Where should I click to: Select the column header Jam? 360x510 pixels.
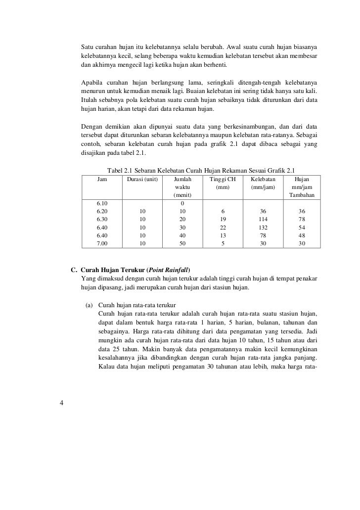click(x=102, y=179)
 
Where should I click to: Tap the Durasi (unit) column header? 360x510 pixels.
click(x=142, y=179)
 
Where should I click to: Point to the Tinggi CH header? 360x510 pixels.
click(x=223, y=179)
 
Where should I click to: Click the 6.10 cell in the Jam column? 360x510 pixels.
click(x=102, y=203)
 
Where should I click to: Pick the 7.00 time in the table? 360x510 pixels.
click(x=102, y=243)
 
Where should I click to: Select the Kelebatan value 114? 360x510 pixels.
click(x=263, y=219)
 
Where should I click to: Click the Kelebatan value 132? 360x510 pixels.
click(x=263, y=228)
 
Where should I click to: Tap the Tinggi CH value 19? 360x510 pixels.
click(x=223, y=219)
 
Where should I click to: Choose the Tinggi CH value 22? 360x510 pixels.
click(x=223, y=228)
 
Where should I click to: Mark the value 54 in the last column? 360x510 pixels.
click(x=302, y=228)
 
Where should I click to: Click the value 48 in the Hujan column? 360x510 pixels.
click(x=302, y=235)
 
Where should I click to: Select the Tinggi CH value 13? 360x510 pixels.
click(x=223, y=235)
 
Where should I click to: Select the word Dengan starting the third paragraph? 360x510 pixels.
click(x=92, y=126)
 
